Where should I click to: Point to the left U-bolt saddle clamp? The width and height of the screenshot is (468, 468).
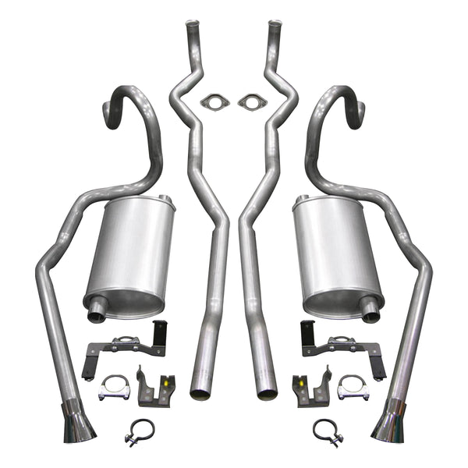pos(114,388)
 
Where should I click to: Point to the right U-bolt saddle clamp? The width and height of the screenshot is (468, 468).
pos(353,388)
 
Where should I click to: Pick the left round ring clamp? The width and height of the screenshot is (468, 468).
pos(140,432)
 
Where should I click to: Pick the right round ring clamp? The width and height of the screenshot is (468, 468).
pos(327,432)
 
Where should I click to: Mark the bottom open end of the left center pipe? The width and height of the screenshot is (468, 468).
pos(201,393)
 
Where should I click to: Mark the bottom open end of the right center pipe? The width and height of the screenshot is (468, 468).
pos(267,393)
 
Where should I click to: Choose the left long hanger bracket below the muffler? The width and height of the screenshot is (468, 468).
pos(127,343)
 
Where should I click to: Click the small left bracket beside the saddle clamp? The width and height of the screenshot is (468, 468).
pos(155,386)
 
